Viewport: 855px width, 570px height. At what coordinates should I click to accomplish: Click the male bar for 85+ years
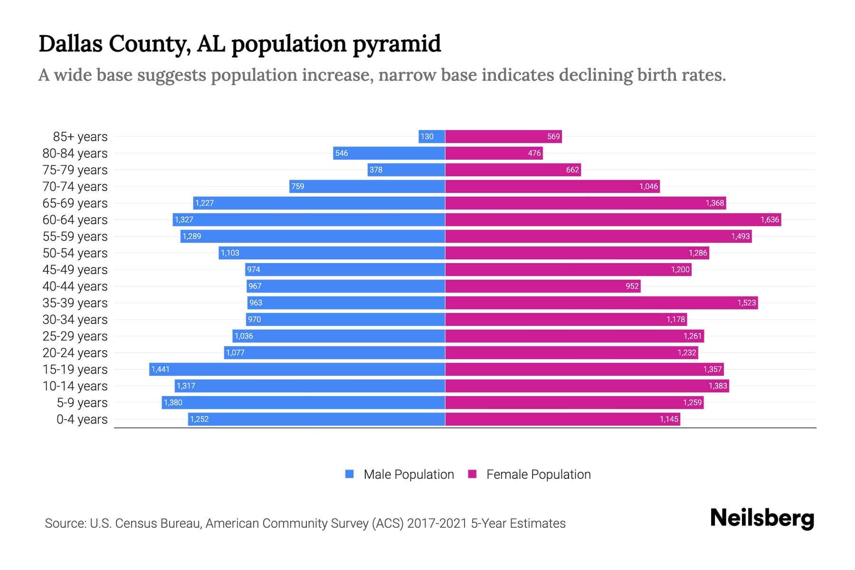click(432, 137)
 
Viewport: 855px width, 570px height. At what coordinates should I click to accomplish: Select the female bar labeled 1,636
click(613, 220)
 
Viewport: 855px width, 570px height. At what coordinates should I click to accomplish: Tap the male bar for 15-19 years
click(297, 370)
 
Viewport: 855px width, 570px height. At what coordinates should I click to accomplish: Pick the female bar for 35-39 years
click(601, 303)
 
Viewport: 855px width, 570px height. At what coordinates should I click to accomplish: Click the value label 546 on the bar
click(342, 153)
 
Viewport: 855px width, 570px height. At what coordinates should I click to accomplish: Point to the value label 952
click(632, 286)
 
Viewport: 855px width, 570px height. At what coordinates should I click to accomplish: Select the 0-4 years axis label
click(82, 419)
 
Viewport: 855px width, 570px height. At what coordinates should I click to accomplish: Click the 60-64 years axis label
click(75, 220)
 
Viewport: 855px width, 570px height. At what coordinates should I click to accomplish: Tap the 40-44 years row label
click(75, 286)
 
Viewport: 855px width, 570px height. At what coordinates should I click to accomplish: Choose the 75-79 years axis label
click(75, 170)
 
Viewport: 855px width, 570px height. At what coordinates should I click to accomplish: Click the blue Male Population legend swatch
click(350, 474)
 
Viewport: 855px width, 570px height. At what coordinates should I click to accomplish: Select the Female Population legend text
click(538, 475)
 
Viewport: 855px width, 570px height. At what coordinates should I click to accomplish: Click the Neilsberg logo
click(762, 518)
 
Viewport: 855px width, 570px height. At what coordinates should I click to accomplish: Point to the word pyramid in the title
click(397, 44)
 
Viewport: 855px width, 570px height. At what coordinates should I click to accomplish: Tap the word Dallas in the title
click(70, 43)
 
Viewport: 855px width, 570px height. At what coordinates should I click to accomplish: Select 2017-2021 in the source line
click(437, 523)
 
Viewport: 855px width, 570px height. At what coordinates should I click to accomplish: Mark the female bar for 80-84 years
click(494, 153)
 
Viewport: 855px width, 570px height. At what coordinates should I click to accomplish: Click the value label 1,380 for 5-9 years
click(173, 403)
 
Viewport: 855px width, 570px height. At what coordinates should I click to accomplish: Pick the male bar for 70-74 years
click(367, 187)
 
